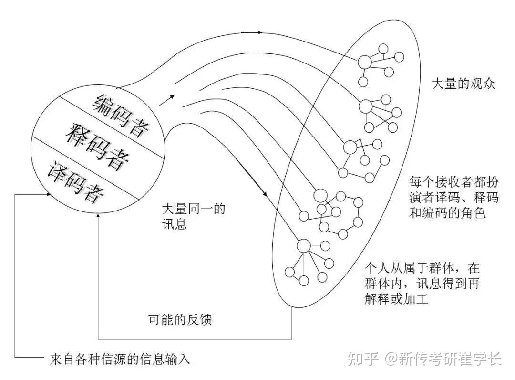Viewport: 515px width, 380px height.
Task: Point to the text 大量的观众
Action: tap(463, 84)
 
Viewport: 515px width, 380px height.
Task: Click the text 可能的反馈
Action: tap(180, 320)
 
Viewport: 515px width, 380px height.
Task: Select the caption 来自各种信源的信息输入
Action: tap(120, 359)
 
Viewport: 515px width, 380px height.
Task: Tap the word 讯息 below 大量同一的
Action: tap(174, 224)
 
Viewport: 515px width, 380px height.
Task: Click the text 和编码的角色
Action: tap(447, 213)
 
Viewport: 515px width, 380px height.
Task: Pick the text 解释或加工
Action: tap(397, 300)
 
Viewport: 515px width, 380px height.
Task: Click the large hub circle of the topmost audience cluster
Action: tap(365, 62)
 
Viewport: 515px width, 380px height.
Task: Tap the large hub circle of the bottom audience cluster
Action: tap(304, 245)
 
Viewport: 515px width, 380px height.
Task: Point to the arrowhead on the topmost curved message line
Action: tap(260, 33)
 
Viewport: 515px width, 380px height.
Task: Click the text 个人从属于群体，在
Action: tap(421, 267)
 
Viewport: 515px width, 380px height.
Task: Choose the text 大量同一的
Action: tap(193, 209)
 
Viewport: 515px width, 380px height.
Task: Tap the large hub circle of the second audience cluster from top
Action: tap(366, 106)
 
